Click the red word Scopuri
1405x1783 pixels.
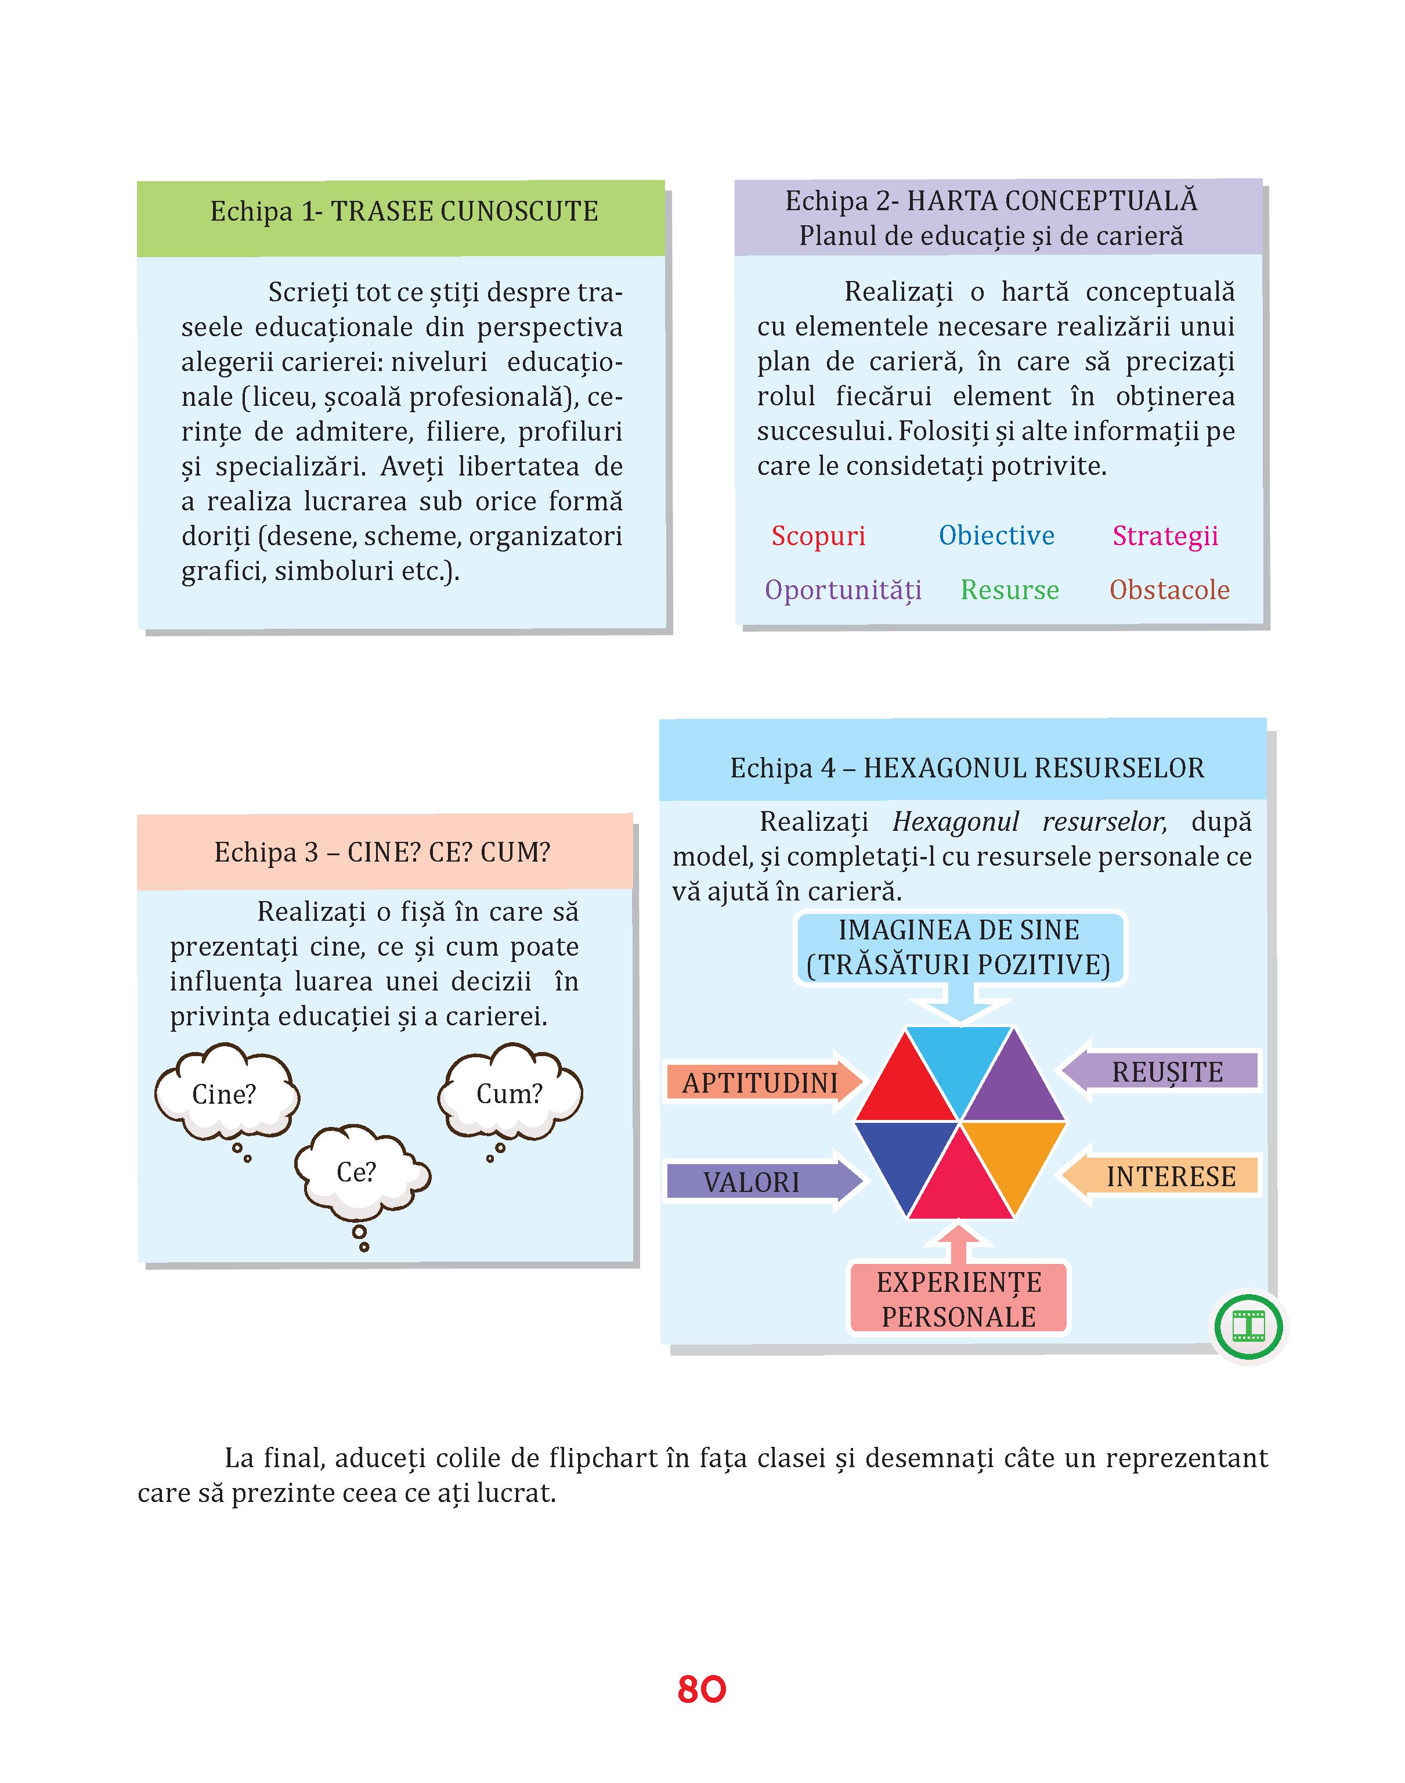pyautogui.click(x=818, y=536)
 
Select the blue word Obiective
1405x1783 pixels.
pyautogui.click(x=996, y=536)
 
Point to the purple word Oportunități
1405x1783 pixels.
pyautogui.click(x=843, y=591)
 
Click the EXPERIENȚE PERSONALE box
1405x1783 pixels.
pyautogui.click(x=959, y=1299)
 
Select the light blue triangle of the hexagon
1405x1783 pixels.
pyautogui.click(x=959, y=1061)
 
